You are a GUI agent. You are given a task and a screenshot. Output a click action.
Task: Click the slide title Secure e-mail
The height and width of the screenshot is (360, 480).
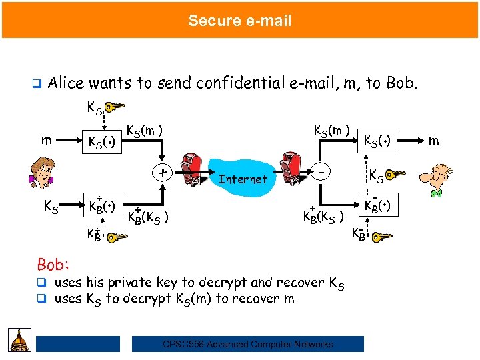(239, 21)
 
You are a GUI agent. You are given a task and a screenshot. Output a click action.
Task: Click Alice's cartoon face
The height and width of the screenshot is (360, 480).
(43, 173)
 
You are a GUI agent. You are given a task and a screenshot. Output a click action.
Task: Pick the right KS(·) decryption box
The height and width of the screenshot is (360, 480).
(379, 141)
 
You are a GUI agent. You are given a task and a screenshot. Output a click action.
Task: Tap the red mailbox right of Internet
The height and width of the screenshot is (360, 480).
(291, 169)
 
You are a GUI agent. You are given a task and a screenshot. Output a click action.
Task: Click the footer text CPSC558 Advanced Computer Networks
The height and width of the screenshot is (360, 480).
(248, 344)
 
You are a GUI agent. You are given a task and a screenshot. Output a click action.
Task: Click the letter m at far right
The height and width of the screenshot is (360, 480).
(434, 141)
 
